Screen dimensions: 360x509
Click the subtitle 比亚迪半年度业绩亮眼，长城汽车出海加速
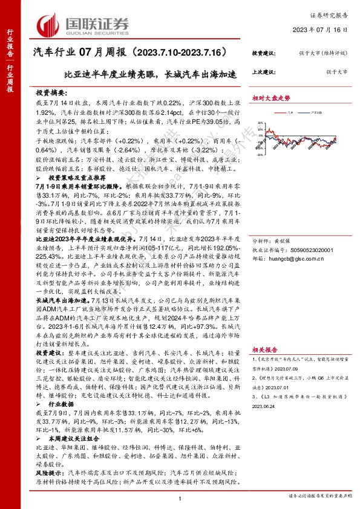pyautogui.click(x=151, y=75)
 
